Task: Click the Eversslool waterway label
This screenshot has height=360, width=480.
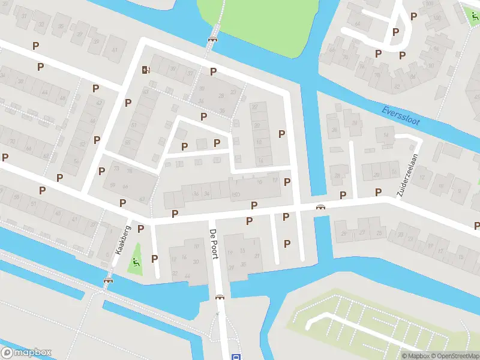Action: (401, 116)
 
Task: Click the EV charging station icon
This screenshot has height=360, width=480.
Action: (145, 70)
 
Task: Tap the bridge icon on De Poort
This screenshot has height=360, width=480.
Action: (220, 296)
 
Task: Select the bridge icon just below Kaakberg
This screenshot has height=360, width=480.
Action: (108, 280)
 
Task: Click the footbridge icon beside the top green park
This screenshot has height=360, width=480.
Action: (212, 38)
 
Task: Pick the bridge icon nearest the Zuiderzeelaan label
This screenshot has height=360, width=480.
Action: (321, 207)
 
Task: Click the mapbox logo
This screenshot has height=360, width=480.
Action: (26, 353)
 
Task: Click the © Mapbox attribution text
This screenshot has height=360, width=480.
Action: (416, 356)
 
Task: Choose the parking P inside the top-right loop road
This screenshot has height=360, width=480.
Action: (395, 32)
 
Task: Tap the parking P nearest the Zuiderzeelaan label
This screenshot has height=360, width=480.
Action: (378, 192)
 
